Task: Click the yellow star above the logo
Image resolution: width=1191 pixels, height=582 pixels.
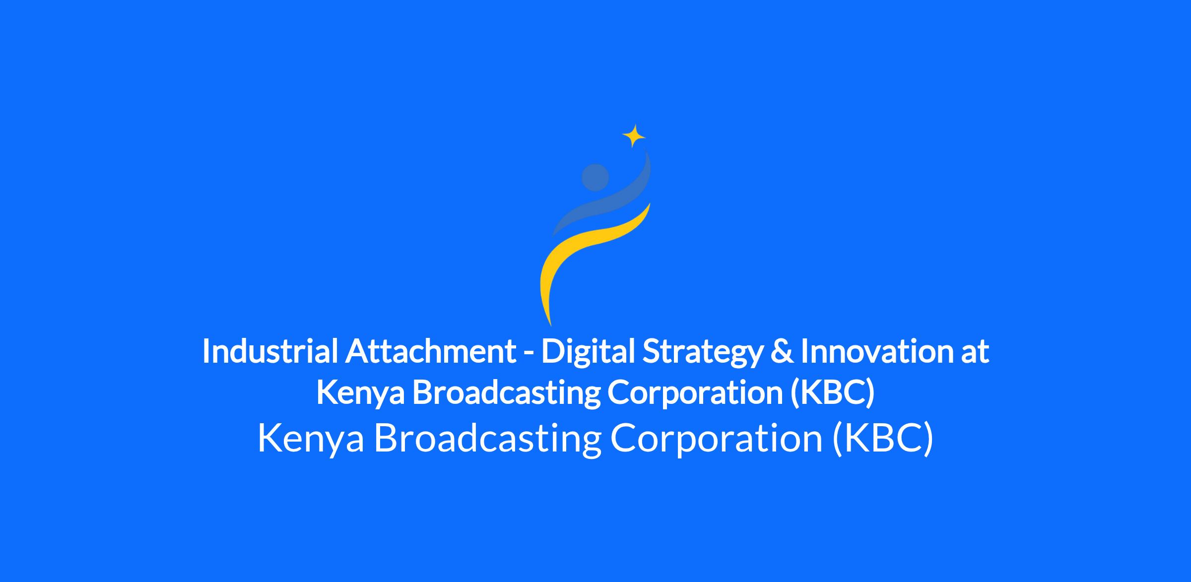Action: point(634,136)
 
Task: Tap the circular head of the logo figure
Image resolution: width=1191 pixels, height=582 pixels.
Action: point(595,177)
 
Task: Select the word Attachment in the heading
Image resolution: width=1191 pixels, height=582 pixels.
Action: point(431,351)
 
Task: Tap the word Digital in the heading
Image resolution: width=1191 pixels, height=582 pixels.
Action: point(589,351)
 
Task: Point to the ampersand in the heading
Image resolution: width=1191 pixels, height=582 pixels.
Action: point(782,351)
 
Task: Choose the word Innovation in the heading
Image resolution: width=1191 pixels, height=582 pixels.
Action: point(877,351)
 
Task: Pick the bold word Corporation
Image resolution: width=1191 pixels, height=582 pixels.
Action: point(695,392)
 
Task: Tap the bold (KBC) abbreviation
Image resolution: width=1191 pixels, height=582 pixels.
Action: point(832,392)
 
